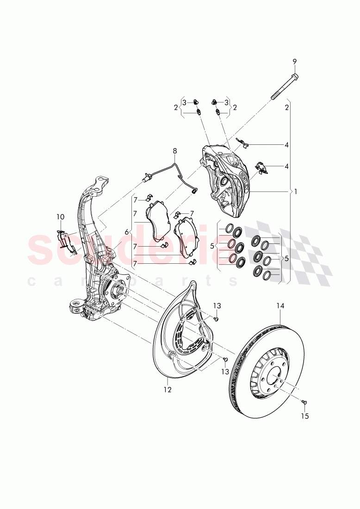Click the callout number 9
tap(294, 62)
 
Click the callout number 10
tap(61, 217)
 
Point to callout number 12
tap(167, 390)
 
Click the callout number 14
tap(280, 305)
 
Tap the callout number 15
tap(305, 416)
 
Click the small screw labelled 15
tap(304, 403)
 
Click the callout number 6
tap(126, 231)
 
